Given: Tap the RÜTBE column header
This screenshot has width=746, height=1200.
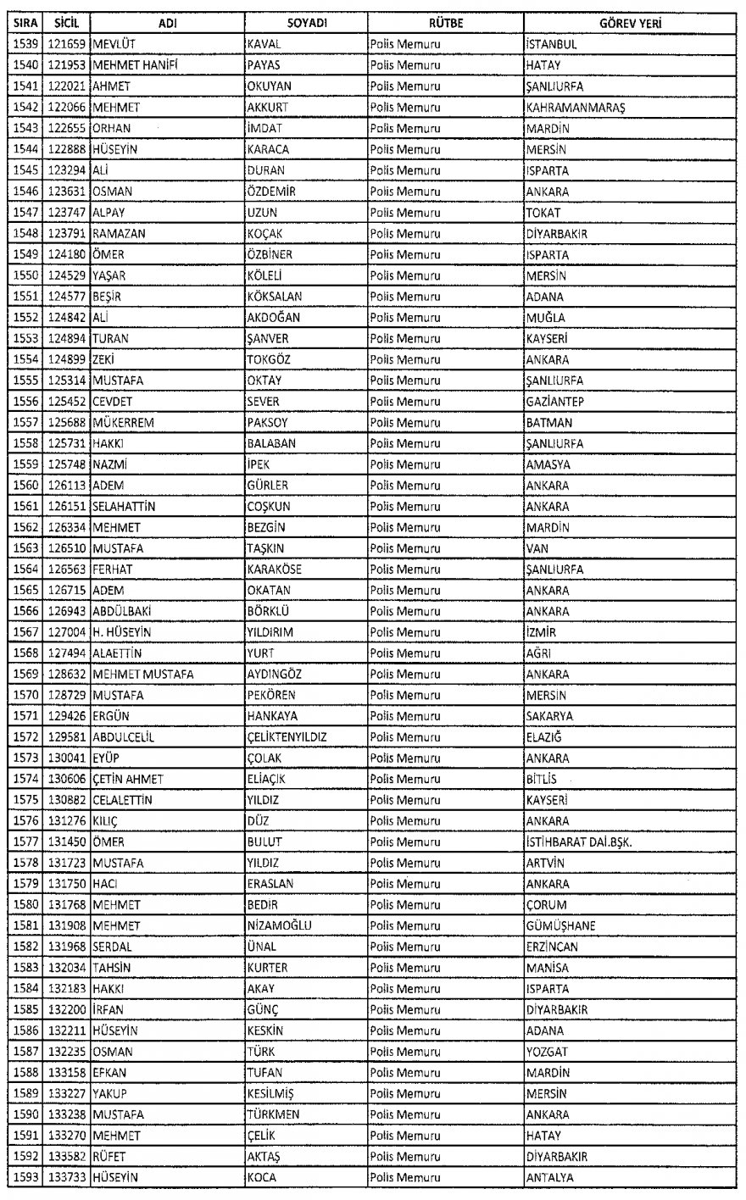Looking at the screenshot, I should [x=444, y=23].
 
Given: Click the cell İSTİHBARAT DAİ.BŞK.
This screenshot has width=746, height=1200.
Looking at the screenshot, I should [x=579, y=842].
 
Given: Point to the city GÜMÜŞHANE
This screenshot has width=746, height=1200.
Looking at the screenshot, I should [x=560, y=926].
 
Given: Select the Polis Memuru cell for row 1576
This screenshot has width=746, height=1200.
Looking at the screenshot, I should [x=405, y=820].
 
